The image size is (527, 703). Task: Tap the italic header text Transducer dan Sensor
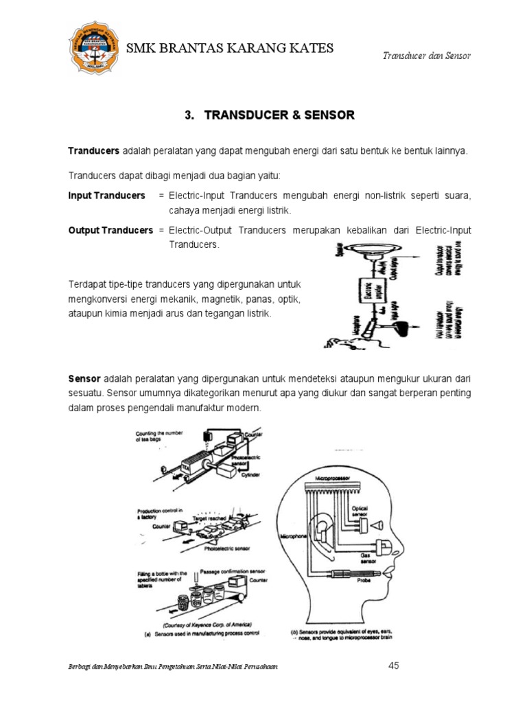425,56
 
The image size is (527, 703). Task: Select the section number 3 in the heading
188,115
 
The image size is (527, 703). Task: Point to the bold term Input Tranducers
106,196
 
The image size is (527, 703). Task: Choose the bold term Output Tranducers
110,230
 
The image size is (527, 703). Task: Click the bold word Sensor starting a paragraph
84,379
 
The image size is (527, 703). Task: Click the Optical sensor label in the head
360,511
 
